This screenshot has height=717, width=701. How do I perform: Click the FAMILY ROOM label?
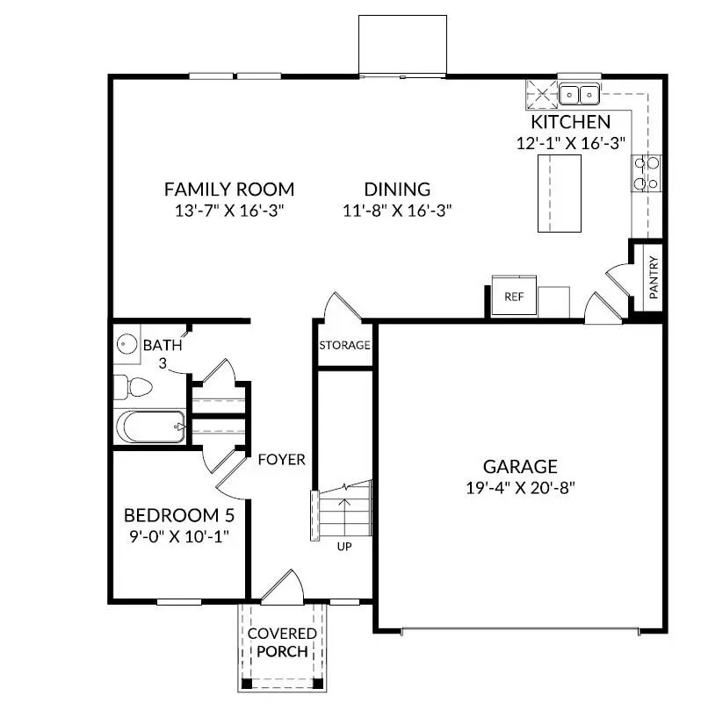point(228,189)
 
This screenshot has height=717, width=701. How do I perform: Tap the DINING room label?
point(397,189)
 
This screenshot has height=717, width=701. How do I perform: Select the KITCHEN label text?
point(570,122)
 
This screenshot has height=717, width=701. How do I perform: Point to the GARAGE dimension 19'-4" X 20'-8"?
point(520,488)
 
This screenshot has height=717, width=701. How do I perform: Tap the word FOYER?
point(281,459)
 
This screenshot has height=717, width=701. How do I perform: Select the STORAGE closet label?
point(344,345)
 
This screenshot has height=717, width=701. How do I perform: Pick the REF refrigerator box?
point(513,297)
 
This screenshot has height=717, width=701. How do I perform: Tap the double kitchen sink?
point(579,91)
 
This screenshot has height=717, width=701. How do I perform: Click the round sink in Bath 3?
point(125,343)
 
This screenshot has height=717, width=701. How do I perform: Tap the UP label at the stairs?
point(344,546)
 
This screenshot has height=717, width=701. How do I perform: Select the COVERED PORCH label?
point(278,642)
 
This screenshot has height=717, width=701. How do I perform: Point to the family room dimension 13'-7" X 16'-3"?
point(228,211)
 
